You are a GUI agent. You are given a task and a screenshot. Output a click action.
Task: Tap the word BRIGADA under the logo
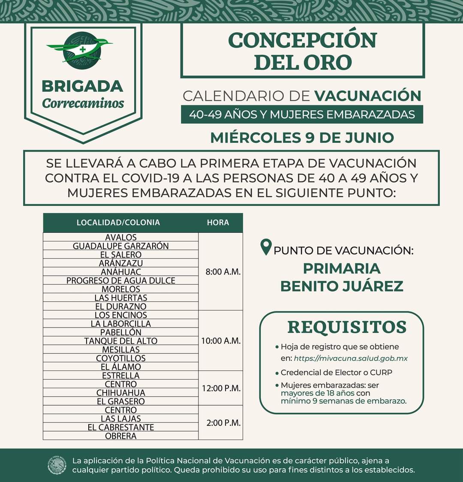[82, 86]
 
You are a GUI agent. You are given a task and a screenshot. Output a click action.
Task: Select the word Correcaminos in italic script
[83, 103]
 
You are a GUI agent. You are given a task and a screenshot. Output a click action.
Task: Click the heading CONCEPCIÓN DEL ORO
[302, 51]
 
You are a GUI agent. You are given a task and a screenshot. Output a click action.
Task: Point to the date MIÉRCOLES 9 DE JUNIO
[302, 138]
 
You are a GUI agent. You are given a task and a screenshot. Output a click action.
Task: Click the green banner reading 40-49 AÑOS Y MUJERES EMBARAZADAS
[302, 114]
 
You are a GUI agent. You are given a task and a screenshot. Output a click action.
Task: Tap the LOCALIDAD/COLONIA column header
[118, 223]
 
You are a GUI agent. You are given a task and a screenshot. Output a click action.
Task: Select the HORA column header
[218, 223]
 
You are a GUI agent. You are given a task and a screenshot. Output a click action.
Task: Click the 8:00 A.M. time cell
[223, 272]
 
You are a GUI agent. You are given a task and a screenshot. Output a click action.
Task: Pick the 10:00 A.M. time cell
[221, 341]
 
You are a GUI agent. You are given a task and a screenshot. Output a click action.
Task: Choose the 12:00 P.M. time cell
[221, 388]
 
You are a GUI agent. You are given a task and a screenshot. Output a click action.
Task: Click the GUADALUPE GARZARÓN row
[120, 246]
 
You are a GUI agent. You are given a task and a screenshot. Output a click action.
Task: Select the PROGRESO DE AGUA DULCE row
[120, 280]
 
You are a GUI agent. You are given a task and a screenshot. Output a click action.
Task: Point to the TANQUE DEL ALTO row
[120, 341]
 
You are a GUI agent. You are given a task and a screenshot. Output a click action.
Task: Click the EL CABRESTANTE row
[120, 427]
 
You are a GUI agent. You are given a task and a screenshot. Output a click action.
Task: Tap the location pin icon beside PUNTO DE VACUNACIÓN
[266, 247]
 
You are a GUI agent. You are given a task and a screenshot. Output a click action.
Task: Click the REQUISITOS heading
[346, 327]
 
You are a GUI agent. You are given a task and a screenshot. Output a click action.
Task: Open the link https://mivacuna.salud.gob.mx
[351, 358]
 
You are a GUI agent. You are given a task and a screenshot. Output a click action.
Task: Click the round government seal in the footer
[57, 465]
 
